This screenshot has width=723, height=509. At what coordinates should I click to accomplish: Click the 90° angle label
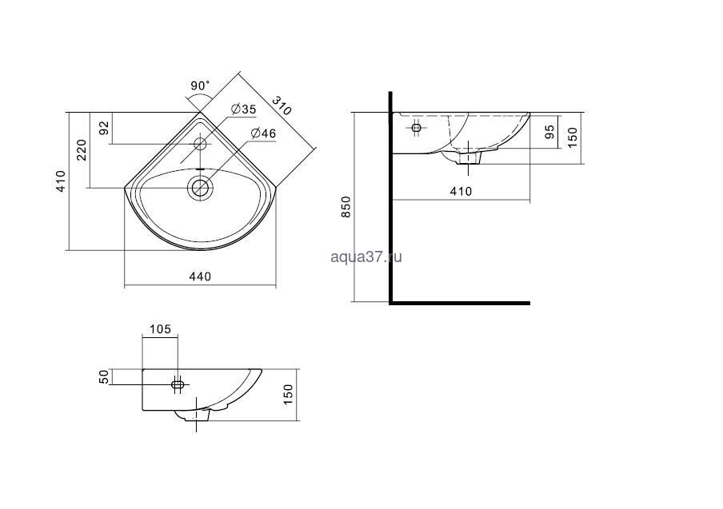(200, 85)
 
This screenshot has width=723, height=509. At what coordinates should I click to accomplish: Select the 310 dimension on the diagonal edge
(282, 105)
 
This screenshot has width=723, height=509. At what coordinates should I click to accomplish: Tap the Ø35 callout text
(244, 109)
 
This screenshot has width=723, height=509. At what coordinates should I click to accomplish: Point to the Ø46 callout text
(263, 133)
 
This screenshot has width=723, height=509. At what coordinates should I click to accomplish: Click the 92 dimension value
(105, 128)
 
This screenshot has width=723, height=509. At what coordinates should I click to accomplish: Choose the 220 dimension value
(82, 149)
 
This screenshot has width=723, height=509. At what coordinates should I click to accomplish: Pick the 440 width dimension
(200, 276)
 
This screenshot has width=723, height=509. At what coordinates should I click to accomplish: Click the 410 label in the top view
(61, 181)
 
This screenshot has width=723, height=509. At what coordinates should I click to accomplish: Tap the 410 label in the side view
(461, 191)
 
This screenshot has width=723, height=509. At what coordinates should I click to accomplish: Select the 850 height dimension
(346, 207)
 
